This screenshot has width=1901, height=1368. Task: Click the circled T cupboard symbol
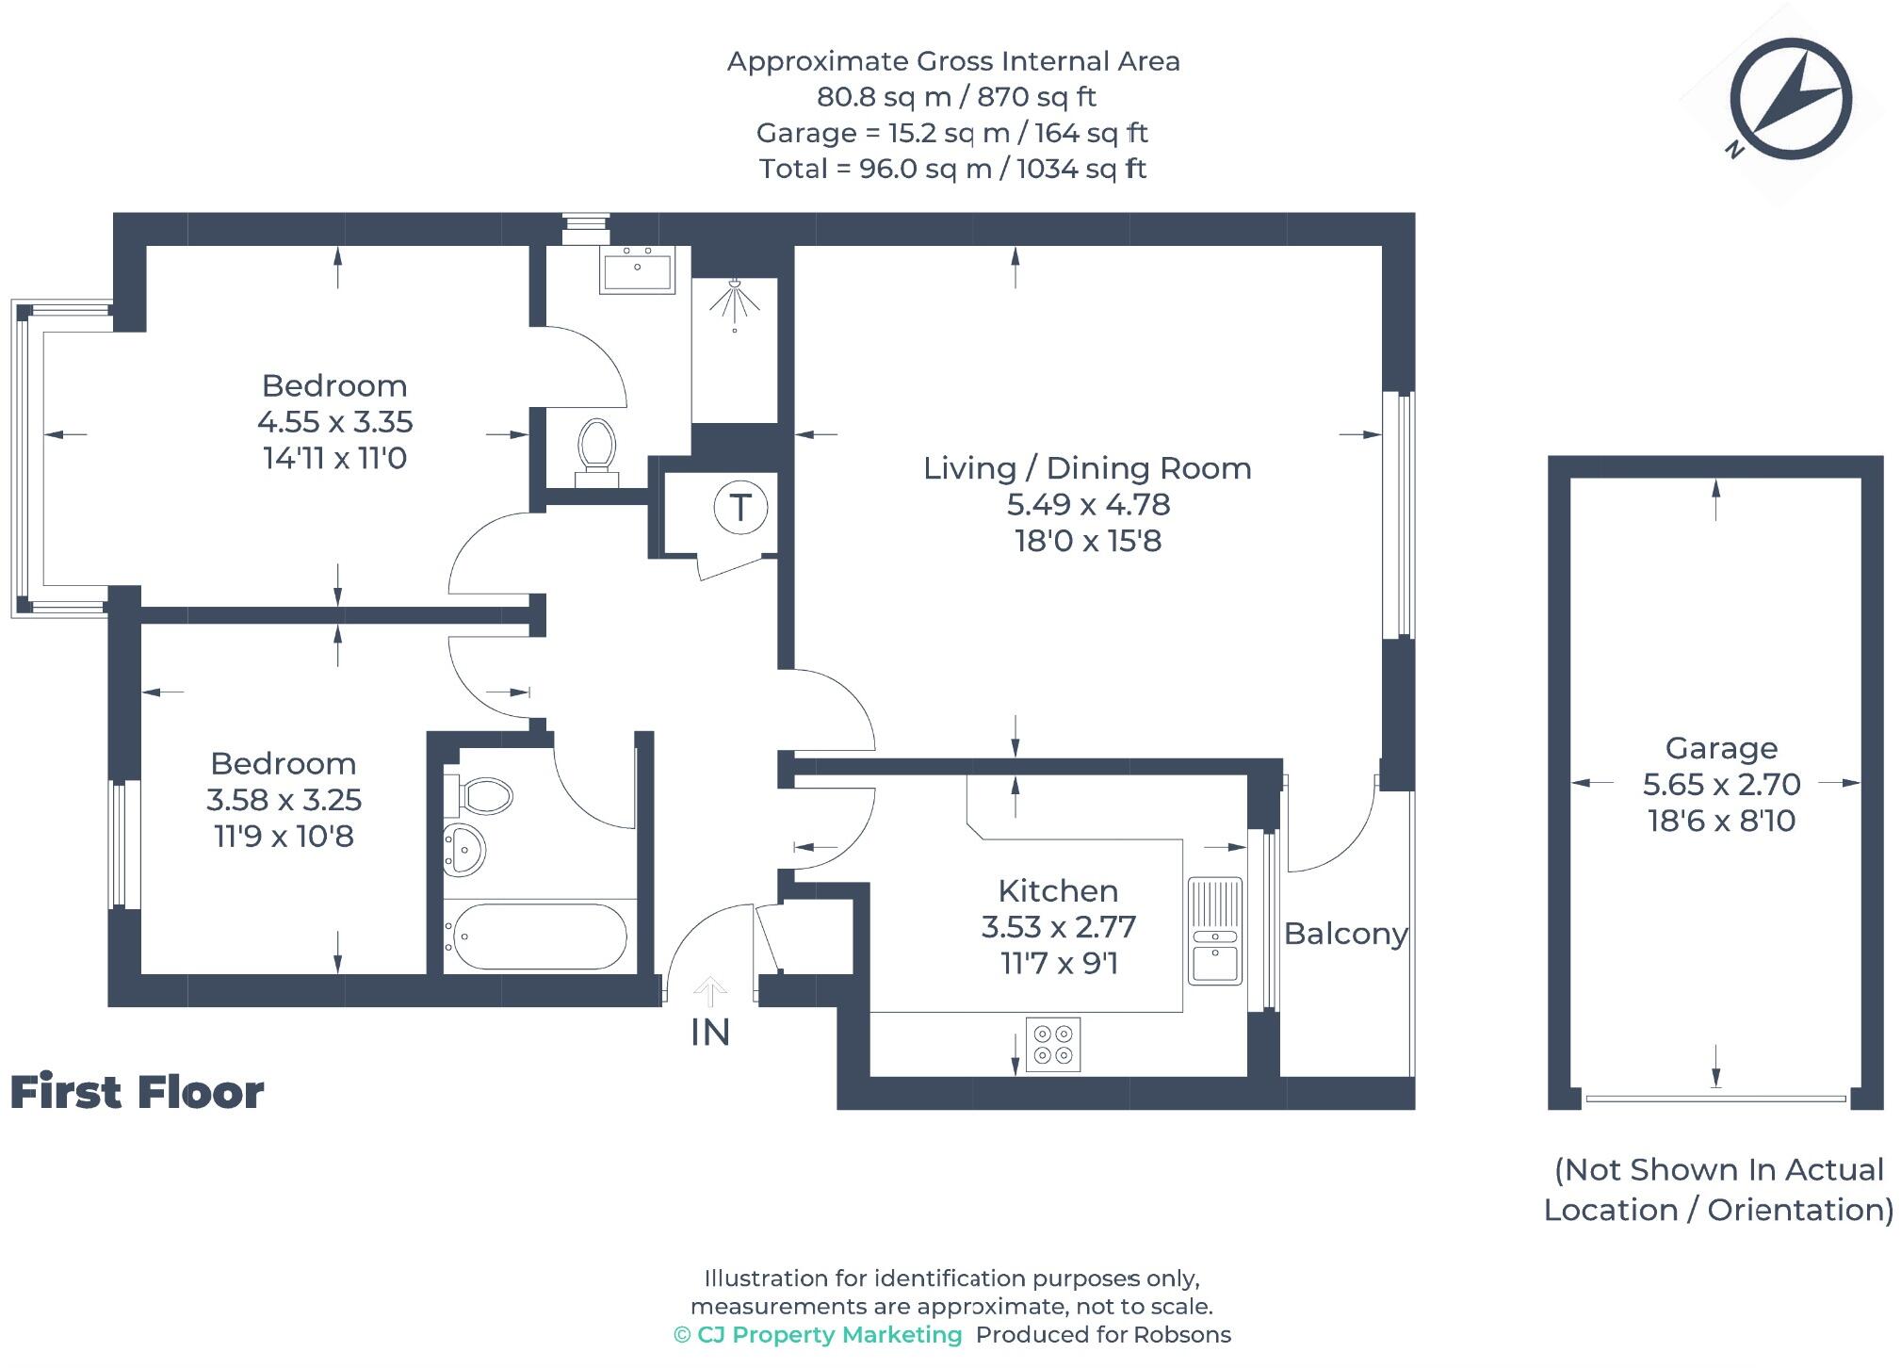coord(740,508)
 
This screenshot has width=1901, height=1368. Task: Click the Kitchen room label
coord(1058,890)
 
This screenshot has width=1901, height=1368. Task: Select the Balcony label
coord(1345,934)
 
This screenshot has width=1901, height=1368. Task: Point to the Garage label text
coord(1721,748)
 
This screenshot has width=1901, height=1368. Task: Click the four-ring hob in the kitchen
coord(1053,1044)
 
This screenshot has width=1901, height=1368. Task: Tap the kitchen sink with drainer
coord(1215,932)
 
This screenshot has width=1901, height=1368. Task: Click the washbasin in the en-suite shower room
coord(638,269)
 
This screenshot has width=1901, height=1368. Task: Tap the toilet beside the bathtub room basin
coord(482,797)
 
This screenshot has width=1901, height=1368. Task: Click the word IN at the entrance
coord(710,1033)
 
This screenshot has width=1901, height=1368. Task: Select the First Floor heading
coord(137,1092)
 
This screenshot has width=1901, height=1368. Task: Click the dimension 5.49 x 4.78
coord(1088,505)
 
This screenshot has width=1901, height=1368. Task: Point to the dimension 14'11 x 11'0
coord(334,459)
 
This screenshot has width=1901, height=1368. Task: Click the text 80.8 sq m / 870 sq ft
coord(955,97)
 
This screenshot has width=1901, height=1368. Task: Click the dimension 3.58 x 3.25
coord(284,800)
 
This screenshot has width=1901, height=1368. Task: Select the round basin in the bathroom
coord(463,850)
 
